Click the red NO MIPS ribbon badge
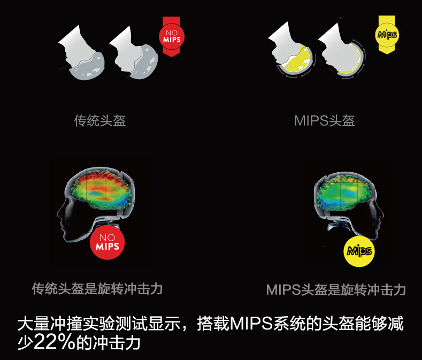pyautogui.click(x=171, y=36)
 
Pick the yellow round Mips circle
pyautogui.click(x=358, y=251)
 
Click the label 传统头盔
pyautogui.click(x=100, y=120)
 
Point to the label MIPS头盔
pyautogui.click(x=324, y=120)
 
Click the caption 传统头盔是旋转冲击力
pyautogui.click(x=97, y=289)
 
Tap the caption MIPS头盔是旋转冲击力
pyautogui.click(x=336, y=290)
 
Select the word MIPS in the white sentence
pyautogui.click(x=251, y=324)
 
